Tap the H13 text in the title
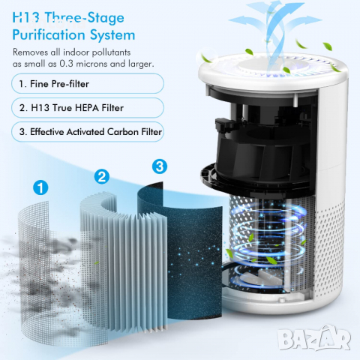28,16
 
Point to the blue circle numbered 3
160,164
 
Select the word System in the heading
112,34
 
